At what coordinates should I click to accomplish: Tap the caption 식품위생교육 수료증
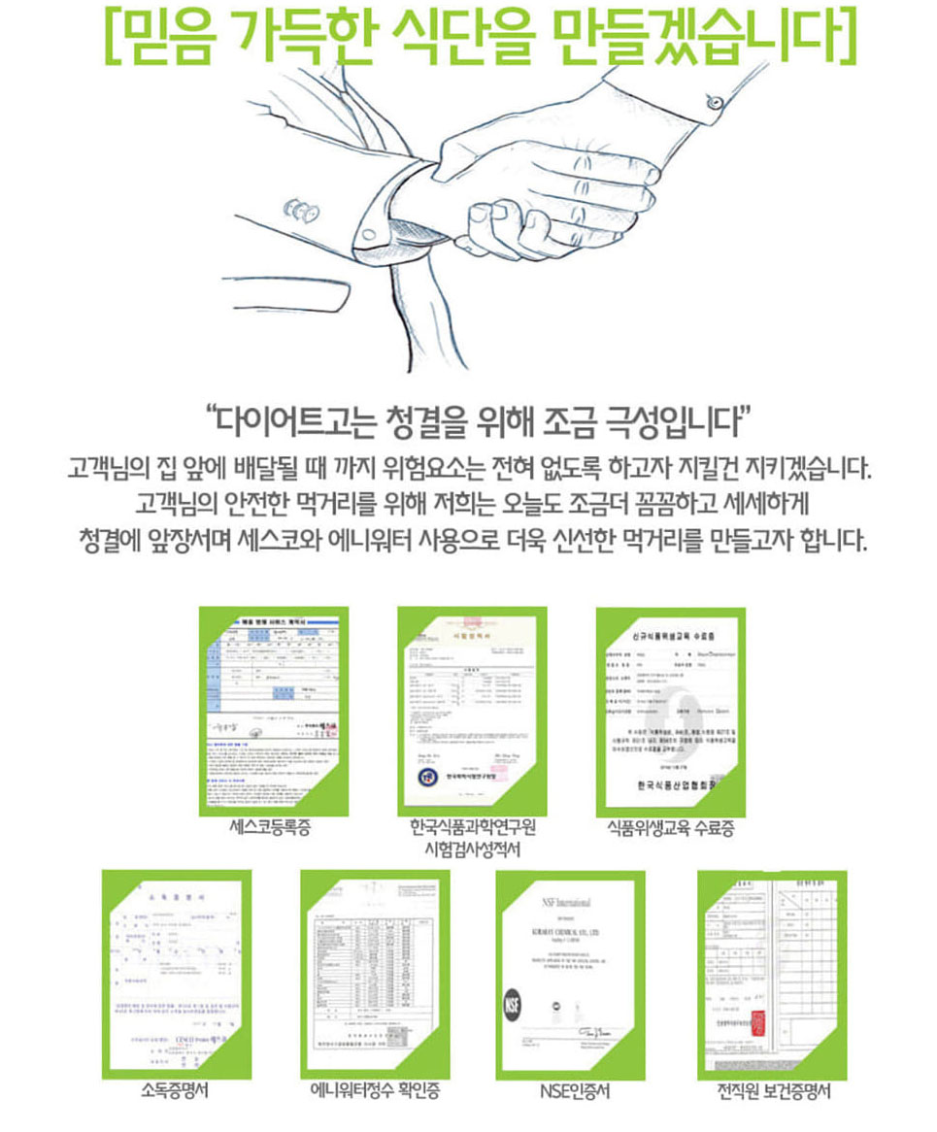point(670,828)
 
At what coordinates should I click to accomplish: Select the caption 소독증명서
point(175,1091)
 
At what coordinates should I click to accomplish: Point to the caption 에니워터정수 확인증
point(375,1091)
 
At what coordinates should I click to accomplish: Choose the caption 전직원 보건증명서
point(773,1091)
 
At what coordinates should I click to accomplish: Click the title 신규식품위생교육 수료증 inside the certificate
point(671,635)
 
